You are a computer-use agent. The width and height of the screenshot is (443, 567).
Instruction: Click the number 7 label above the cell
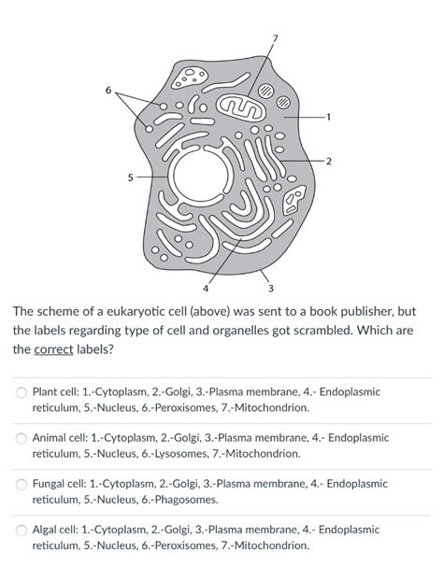(274, 37)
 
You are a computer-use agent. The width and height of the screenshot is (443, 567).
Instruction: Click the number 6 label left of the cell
(108, 91)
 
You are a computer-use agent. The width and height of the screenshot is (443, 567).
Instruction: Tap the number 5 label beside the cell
(118, 175)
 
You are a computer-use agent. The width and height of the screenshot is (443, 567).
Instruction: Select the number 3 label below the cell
(271, 286)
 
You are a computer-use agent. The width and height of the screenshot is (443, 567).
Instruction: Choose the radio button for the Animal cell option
(20, 437)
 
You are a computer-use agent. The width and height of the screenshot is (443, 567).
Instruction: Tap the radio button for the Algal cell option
(20, 530)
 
